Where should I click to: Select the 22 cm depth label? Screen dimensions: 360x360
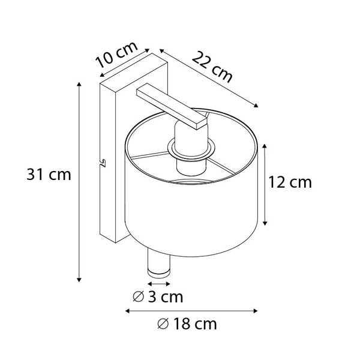pyautogui.click(x=212, y=66)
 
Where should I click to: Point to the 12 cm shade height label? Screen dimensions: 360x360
pyautogui.click(x=292, y=182)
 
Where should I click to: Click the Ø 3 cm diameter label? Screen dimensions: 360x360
pyautogui.click(x=157, y=296)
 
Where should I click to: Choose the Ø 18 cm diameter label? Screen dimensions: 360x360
pyautogui.click(x=186, y=325)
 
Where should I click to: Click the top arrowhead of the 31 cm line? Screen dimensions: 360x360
pyautogui.click(x=80, y=85)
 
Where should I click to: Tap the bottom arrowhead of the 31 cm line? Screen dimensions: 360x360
pyautogui.click(x=80, y=279)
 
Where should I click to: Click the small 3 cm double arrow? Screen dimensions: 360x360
pyautogui.click(x=159, y=281)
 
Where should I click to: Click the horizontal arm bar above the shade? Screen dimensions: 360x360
pyautogui.click(x=170, y=106)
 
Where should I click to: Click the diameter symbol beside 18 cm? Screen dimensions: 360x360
pyautogui.click(x=162, y=325)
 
